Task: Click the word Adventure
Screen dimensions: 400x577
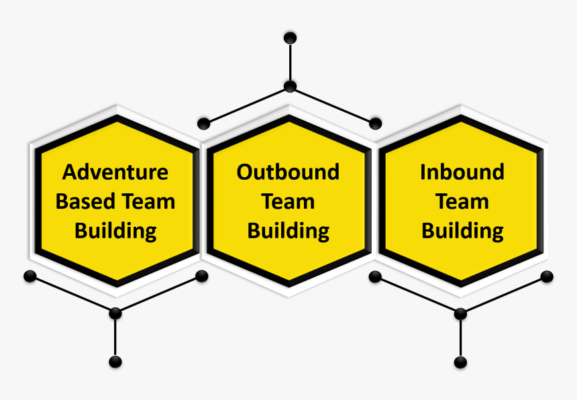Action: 115,172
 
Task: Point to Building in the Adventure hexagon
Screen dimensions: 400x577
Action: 115,231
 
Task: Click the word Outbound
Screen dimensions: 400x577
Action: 288,172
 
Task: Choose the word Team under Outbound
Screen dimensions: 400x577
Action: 288,201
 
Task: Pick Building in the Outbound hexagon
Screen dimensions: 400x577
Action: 288,231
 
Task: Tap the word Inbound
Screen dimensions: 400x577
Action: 462,172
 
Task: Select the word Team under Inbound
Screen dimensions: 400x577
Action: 462,201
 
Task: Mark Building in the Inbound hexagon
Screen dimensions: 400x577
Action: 462,231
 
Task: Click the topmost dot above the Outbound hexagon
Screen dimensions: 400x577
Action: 290,38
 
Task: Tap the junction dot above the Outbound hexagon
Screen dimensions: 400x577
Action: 290,86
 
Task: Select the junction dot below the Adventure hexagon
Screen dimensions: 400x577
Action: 115,313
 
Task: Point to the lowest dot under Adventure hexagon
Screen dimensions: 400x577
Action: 115,362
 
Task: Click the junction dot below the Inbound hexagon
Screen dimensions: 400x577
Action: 460,313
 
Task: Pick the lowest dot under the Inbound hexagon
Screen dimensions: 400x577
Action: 460,362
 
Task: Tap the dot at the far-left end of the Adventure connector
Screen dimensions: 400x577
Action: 30,276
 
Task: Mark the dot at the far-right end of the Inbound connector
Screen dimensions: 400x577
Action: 547,277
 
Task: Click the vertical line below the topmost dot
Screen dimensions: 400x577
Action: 290,62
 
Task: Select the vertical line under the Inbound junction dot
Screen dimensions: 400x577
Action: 460,338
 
